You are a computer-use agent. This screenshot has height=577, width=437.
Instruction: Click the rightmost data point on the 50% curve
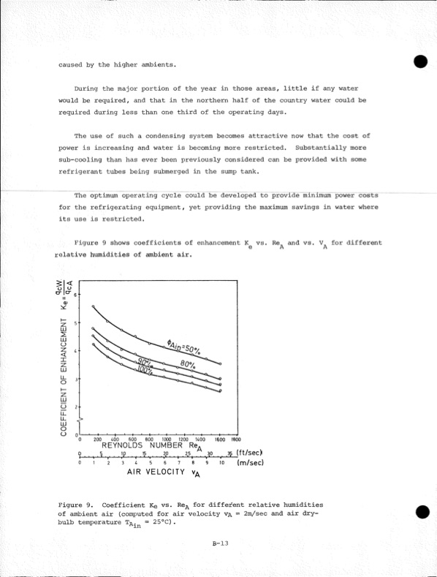221,363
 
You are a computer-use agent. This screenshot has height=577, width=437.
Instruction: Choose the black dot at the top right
419,62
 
